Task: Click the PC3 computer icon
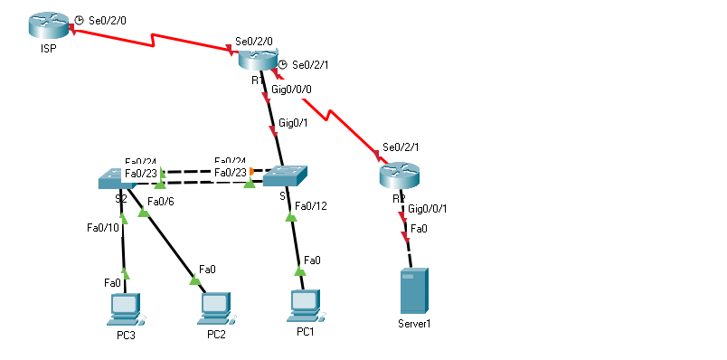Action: pyautogui.click(x=123, y=309)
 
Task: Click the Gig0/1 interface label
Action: pyautogui.click(x=297, y=123)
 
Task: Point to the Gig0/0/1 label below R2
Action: pyautogui.click(x=428, y=209)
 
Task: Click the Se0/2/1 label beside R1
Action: pyautogui.click(x=310, y=65)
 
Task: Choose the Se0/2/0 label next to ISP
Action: pyautogui.click(x=107, y=18)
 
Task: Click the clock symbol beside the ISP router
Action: pyautogui.click(x=79, y=19)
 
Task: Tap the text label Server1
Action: pyautogui.click(x=414, y=323)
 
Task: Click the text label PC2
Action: pyautogui.click(x=216, y=335)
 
